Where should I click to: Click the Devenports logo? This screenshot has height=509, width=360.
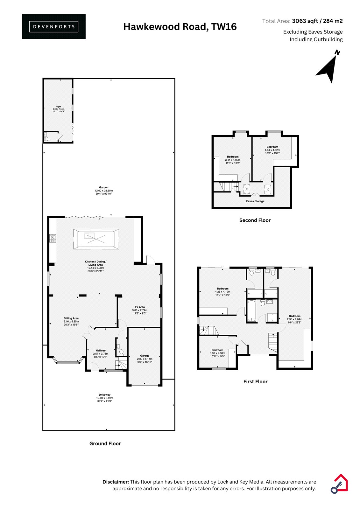pos(54,27)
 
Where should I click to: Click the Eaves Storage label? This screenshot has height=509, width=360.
pos(255,201)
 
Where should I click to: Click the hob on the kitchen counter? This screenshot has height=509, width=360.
pos(53,239)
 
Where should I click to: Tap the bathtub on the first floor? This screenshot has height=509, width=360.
pos(251,311)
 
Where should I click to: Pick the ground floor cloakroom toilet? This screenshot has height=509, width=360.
pos(121,352)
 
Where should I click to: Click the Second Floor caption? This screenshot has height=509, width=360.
pos(255,220)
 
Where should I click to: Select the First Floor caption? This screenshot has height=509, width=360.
pos(255,381)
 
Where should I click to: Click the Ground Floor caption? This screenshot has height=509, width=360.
pos(105,443)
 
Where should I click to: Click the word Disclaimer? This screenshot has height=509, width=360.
pos(116,482)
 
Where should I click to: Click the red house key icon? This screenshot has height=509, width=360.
pos(339,484)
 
